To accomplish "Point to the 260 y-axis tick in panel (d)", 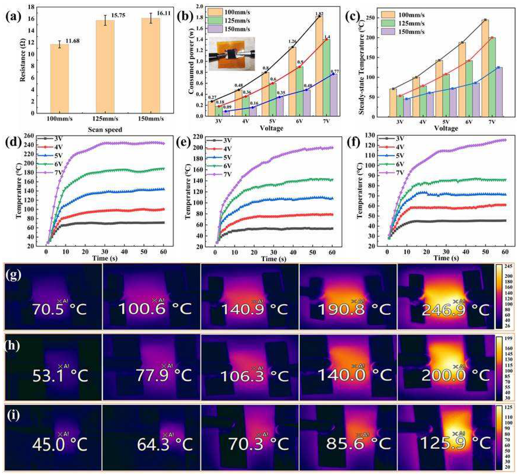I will (28, 136).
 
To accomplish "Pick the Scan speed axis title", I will (105, 130).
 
